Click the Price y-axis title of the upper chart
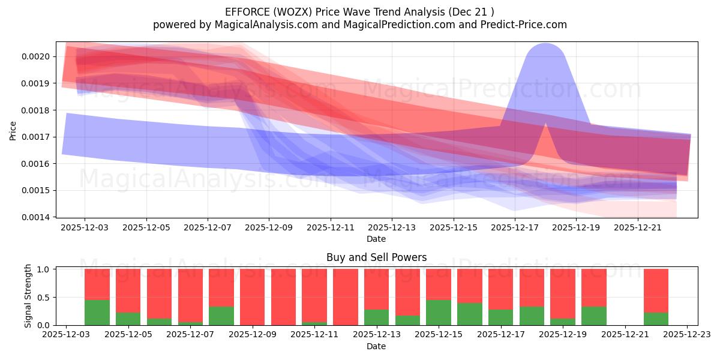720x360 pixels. tap(13, 130)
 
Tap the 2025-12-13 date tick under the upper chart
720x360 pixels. tap(392, 228)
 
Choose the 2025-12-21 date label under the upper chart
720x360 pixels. tap(637, 228)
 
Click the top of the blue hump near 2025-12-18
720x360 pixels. tap(545, 44)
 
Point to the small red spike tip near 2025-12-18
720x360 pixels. tap(545, 124)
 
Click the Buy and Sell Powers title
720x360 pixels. tap(376, 257)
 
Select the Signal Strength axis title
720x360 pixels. tap(28, 296)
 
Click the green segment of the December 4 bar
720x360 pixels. tap(97, 313)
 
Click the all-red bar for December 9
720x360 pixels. tap(252, 297)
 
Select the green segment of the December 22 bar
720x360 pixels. tap(656, 319)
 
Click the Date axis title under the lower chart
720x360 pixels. tap(376, 346)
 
